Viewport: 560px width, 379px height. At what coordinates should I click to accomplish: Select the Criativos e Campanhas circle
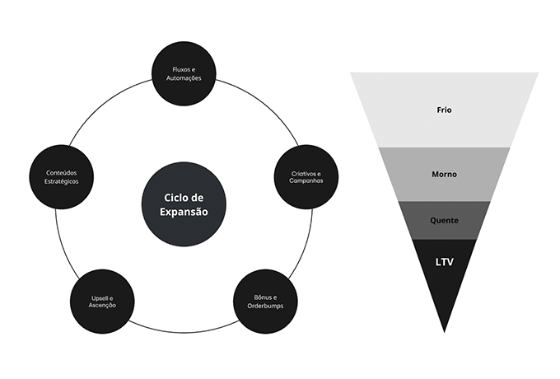pyautogui.click(x=306, y=176)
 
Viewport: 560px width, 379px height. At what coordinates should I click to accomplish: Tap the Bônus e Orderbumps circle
pyautogui.click(x=266, y=301)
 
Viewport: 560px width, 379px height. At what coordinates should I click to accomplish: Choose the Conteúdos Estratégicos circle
pyautogui.click(x=63, y=176)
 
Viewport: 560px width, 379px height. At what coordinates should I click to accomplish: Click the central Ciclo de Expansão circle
pyautogui.click(x=184, y=204)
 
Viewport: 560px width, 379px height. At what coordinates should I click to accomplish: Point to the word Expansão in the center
pyautogui.click(x=184, y=213)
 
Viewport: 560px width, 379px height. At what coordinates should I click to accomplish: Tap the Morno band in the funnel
pyautogui.click(x=445, y=174)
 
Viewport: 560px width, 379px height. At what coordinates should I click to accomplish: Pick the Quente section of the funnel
pyautogui.click(x=445, y=220)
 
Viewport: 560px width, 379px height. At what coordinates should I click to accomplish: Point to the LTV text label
pyautogui.click(x=445, y=263)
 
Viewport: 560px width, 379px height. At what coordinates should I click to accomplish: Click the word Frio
pyautogui.click(x=445, y=110)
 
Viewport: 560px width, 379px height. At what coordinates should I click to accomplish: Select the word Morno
pyautogui.click(x=445, y=174)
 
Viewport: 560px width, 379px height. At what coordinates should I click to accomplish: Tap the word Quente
pyautogui.click(x=445, y=221)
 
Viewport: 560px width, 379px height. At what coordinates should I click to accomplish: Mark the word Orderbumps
pyautogui.click(x=266, y=305)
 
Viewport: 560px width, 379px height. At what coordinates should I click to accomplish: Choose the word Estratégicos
pyautogui.click(x=63, y=180)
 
